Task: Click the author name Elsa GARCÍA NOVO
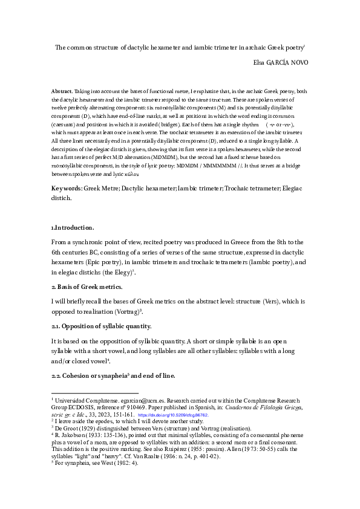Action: click(280, 62)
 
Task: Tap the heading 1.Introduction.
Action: click(73, 227)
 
